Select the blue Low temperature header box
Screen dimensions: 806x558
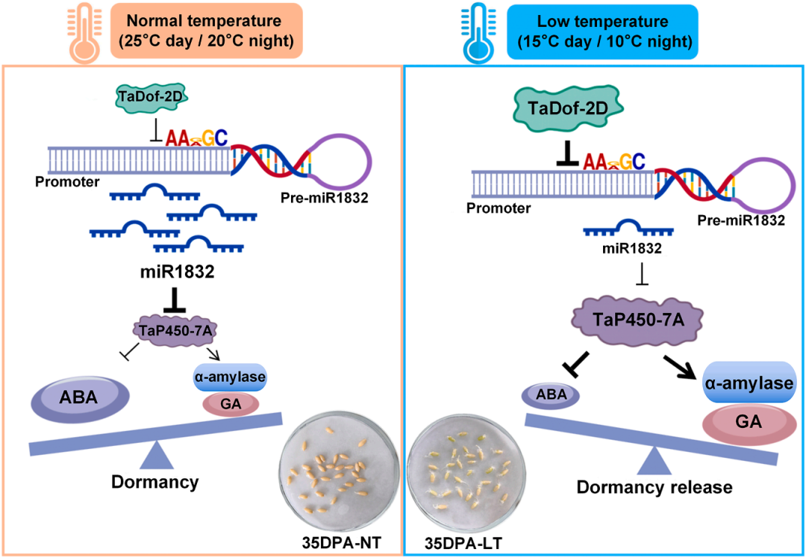[x=602, y=31]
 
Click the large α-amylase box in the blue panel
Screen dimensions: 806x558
[x=749, y=384]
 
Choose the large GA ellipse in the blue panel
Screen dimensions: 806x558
[x=749, y=426]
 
